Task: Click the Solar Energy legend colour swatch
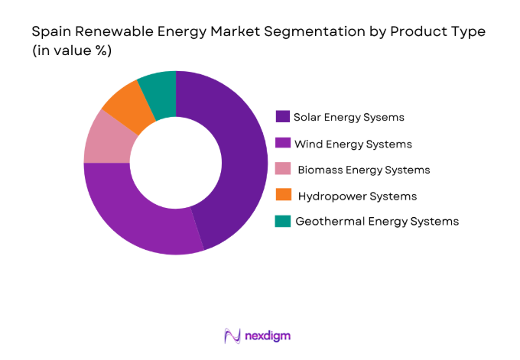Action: tap(283, 117)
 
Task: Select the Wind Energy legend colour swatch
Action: tap(283, 144)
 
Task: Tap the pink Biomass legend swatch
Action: tap(283, 170)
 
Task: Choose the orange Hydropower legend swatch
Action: tap(283, 196)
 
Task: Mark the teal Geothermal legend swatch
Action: tap(283, 222)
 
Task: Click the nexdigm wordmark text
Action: tap(268, 336)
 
